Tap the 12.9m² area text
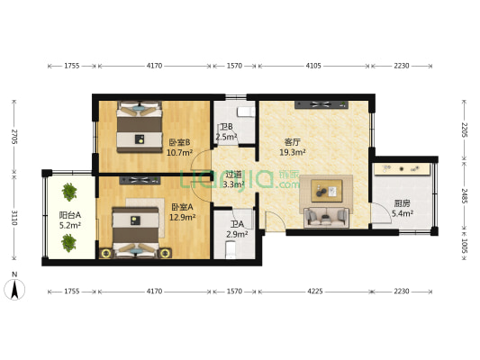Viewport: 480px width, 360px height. tap(182, 218)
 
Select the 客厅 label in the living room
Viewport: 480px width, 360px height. tap(292, 142)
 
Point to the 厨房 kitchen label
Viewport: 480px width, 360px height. tap(379, 202)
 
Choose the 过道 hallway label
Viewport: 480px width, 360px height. tap(233, 175)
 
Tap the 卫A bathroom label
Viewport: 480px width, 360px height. tap(236, 224)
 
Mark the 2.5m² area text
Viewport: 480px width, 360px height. tap(226, 138)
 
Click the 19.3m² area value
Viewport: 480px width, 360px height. tap(292, 153)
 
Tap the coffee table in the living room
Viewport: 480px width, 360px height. tap(325, 190)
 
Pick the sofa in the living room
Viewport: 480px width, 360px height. tap(326, 216)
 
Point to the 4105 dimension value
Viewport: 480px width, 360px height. tap(312, 66)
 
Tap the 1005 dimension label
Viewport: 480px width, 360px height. tap(464, 246)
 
